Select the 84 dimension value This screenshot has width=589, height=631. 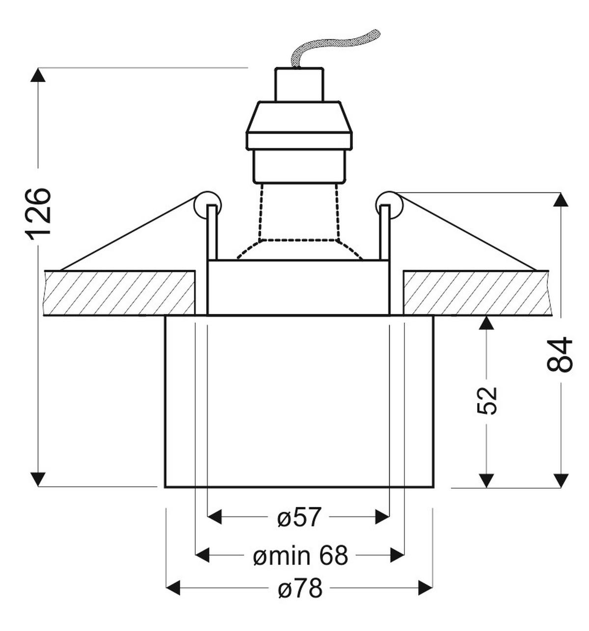point(560,354)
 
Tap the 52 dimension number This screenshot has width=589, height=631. point(487,400)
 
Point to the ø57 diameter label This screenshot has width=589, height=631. point(299,517)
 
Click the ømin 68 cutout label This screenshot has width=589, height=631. point(300,556)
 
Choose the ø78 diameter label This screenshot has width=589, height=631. point(300,587)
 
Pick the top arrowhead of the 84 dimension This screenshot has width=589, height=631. point(561,200)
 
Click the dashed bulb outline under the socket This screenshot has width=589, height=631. point(299,221)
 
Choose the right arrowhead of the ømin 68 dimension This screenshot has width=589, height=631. point(397,556)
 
